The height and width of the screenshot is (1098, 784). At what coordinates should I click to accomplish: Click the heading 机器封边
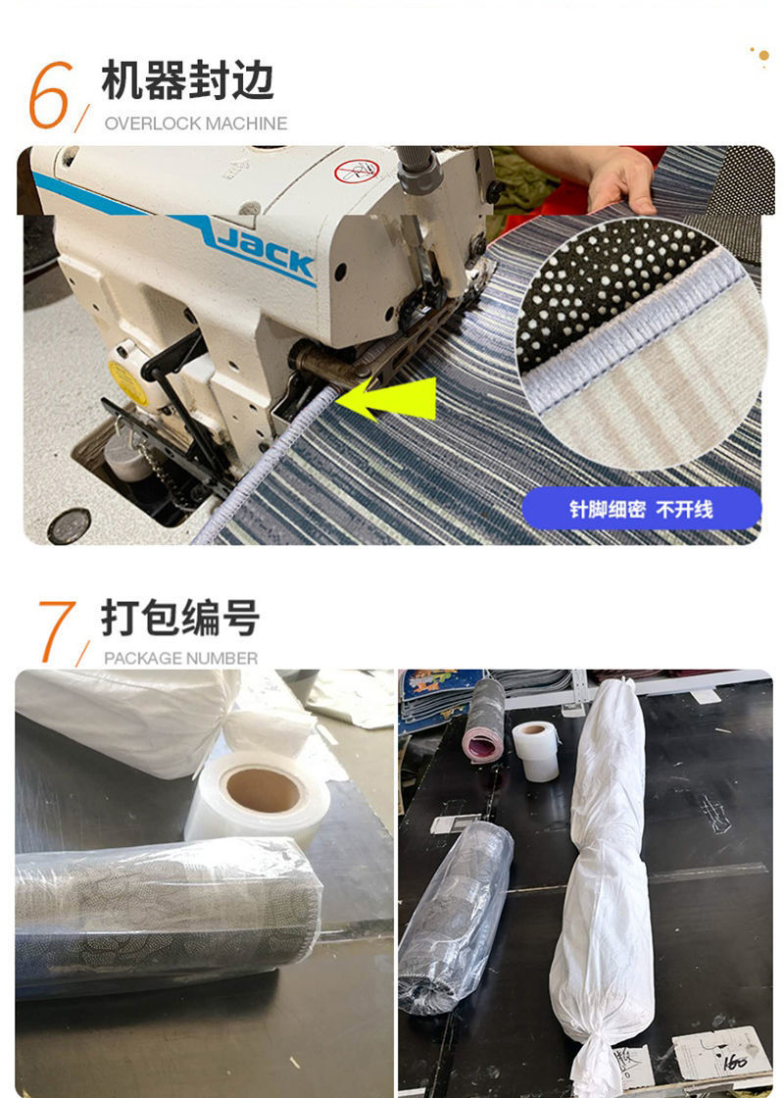(187, 79)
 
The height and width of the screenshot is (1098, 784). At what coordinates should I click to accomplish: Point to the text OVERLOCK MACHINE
(196, 124)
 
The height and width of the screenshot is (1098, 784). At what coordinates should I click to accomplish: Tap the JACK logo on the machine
(266, 252)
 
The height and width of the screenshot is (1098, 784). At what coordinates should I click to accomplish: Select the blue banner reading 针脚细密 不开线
(641, 509)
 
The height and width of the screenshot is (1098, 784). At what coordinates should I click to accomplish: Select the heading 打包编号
(180, 619)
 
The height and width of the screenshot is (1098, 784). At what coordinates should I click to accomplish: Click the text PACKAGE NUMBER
(181, 658)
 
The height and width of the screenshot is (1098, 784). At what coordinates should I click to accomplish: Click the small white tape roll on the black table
(535, 750)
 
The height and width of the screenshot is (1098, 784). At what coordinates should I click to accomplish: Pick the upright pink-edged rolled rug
(484, 719)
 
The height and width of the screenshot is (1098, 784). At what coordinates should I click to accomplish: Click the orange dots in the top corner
(759, 55)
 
